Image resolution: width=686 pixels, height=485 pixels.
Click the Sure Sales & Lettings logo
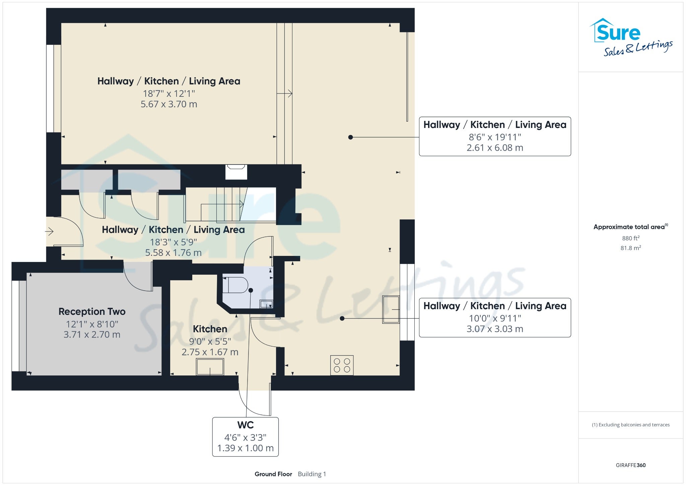pos(631,37)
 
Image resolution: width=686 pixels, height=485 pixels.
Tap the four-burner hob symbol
pos(342,365)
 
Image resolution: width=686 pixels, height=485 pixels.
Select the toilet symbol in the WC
pos(235,285)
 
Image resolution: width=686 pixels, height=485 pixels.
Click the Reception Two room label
pos(92,311)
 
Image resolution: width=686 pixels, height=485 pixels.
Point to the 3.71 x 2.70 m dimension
pos(92,335)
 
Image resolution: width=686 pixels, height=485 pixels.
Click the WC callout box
pos(246,437)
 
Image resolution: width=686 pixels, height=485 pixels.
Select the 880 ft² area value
pos(631,238)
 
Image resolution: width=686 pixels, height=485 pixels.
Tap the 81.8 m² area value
pos(631,248)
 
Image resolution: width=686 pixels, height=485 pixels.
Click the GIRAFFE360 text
pos(631,465)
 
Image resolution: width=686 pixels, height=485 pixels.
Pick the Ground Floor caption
pos(273,474)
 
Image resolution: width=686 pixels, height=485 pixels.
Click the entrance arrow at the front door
pos(50,231)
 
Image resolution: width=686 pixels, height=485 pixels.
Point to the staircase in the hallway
pos(231,205)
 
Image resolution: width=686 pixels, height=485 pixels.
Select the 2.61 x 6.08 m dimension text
pos(495,148)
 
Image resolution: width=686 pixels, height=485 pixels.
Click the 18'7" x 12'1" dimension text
pos(169,93)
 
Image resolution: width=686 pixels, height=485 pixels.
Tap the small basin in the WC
pos(267,304)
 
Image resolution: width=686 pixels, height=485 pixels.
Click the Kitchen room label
pos(210,329)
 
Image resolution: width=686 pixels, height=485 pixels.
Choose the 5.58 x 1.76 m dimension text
pos(173,253)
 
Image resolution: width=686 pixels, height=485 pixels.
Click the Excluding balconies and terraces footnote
pos(631,425)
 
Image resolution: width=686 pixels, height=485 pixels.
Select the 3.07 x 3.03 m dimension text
pos(495,329)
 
